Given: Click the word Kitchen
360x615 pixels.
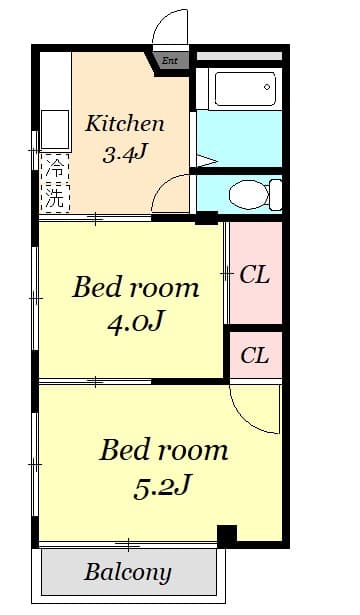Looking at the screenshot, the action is click(125, 124).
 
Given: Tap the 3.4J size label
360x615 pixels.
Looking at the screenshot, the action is click(125, 154).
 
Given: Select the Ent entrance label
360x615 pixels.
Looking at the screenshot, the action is click(170, 61).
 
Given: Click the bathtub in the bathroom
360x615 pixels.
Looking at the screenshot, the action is click(245, 89).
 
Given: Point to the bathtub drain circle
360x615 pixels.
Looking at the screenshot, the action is click(267, 87).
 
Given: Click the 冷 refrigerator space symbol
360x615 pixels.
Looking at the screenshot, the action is click(55, 168).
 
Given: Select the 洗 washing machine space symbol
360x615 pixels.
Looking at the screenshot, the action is click(55, 197).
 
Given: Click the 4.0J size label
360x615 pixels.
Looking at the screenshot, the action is click(135, 322).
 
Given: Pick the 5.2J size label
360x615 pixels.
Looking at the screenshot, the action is click(162, 487).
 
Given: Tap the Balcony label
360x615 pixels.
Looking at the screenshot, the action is click(128, 572).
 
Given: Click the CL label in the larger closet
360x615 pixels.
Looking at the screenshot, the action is click(255, 275).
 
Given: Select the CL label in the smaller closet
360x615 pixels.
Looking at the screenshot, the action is click(255, 355).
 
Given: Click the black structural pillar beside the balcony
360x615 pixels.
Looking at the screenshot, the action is click(227, 535).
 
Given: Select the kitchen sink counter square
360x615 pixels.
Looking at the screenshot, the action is click(55, 130).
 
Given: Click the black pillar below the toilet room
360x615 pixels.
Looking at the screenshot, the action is click(206, 218).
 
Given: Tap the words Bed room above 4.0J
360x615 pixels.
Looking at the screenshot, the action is click(136, 287).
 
